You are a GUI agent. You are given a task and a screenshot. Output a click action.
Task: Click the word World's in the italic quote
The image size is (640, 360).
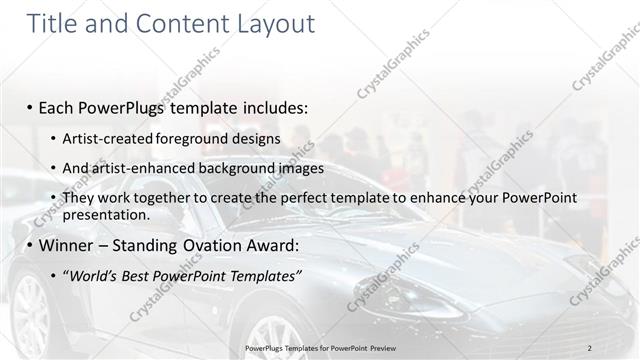coord(95,275)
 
